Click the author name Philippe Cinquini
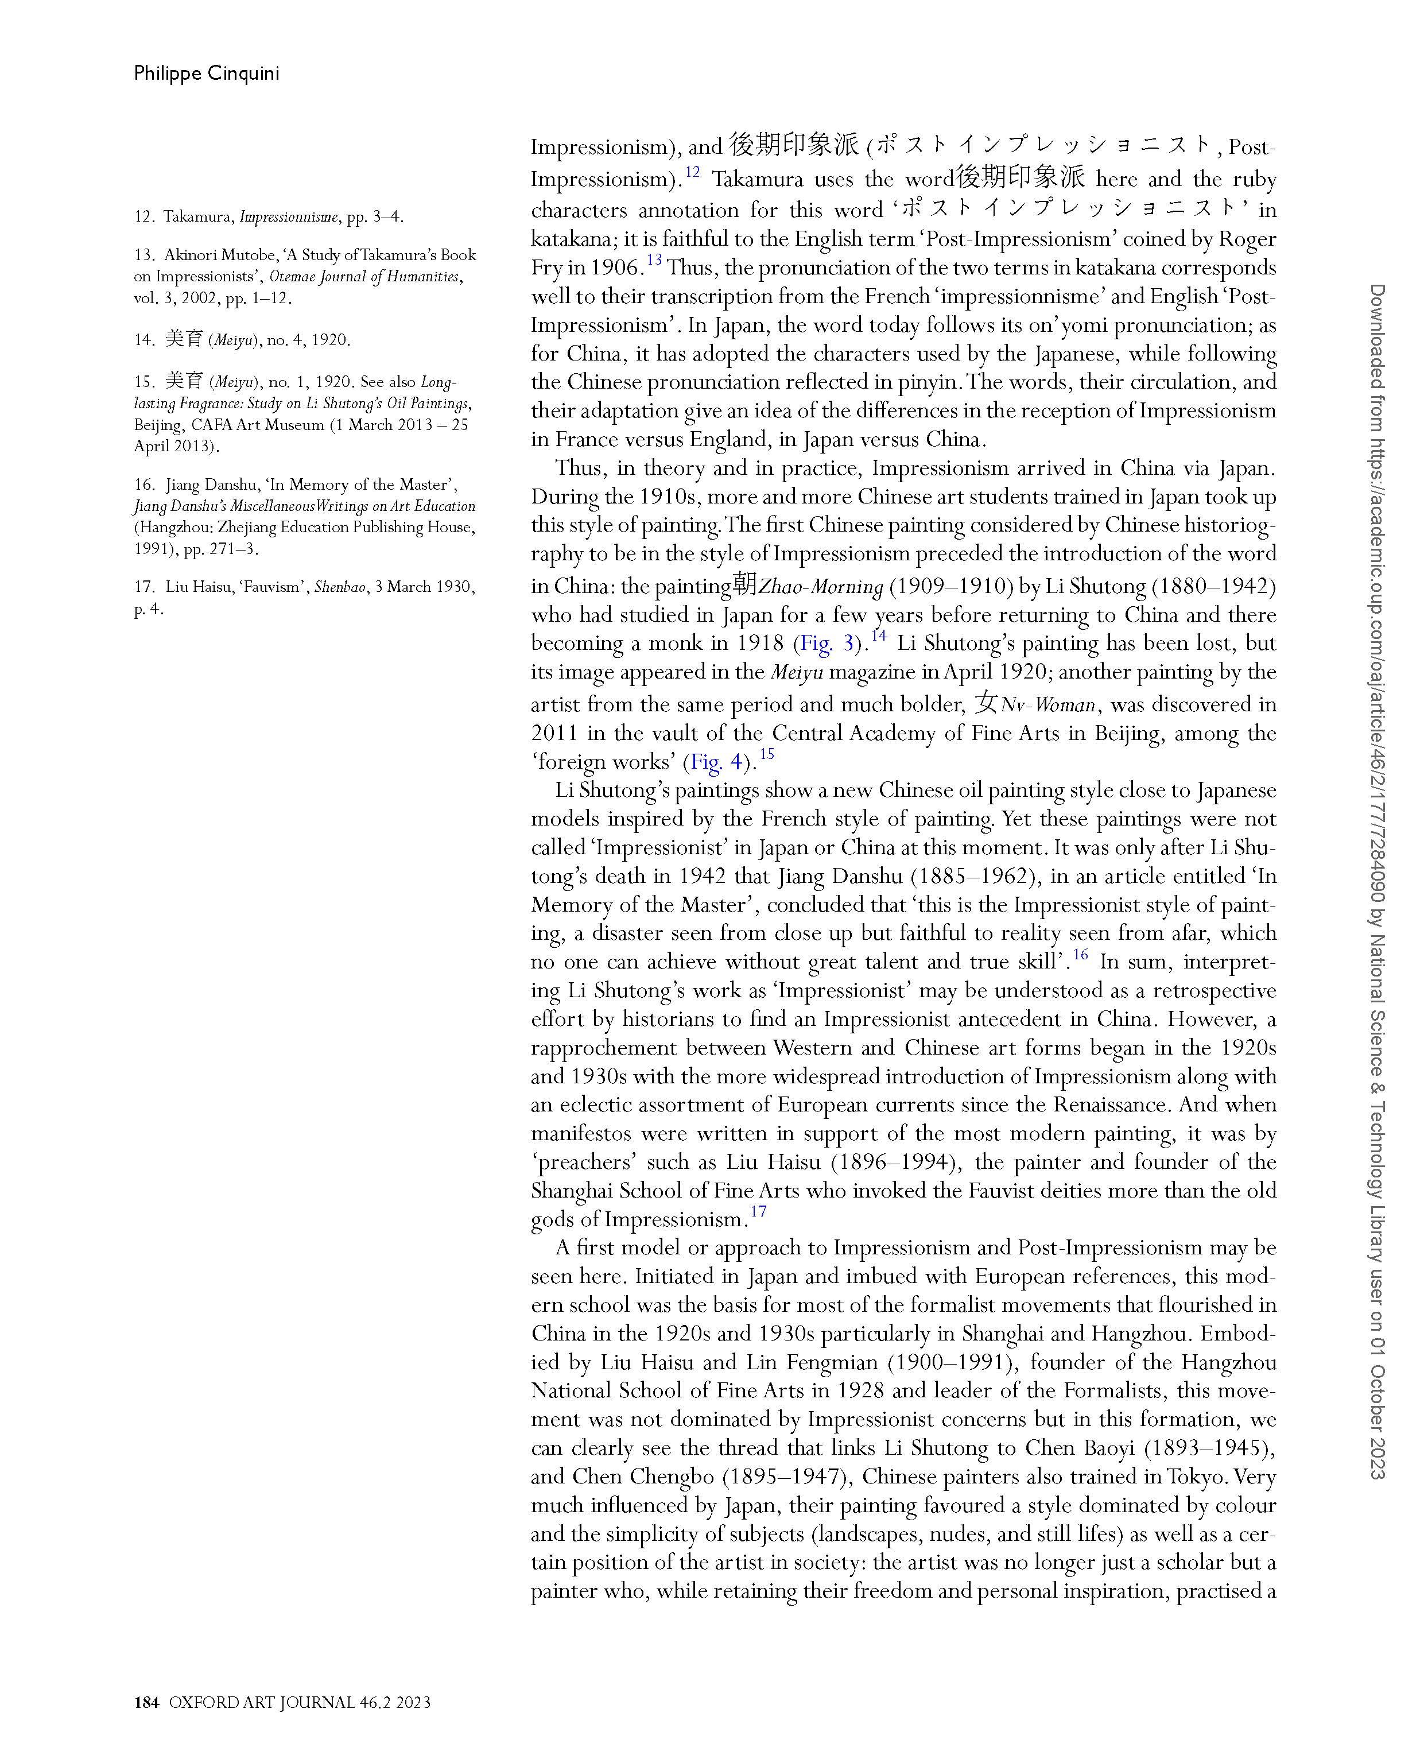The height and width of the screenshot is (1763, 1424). pos(207,74)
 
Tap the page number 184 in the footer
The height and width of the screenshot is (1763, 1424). pos(146,1702)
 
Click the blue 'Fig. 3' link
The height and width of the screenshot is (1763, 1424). pos(827,644)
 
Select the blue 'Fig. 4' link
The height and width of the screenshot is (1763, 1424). pos(717,762)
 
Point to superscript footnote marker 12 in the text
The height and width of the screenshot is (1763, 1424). pos(692,172)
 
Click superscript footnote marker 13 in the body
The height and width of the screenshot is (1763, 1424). pos(654,261)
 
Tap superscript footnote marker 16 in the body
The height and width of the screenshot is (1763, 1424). pos(1080,954)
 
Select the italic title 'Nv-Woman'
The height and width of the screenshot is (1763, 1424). pos(1048,706)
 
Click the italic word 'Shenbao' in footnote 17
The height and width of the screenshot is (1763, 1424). pos(340,587)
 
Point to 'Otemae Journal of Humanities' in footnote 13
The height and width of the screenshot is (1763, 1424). pos(365,277)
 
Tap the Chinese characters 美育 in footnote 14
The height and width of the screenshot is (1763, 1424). pos(184,339)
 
